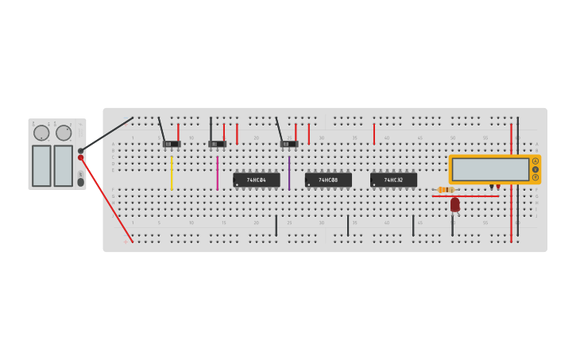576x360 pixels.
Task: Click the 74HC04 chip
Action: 256,180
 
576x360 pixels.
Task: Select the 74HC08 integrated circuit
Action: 328,180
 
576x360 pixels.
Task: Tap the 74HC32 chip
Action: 393,180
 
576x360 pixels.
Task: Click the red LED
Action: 454,204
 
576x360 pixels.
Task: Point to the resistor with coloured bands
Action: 446,189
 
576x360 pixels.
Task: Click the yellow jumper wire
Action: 172,172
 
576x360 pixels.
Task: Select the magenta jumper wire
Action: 217,172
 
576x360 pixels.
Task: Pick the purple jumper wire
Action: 289,172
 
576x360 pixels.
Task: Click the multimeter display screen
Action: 490,169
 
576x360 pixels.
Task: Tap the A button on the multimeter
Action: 535,161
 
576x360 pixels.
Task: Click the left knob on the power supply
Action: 41,133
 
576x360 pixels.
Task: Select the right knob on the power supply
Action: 64,133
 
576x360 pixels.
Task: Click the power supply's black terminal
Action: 81,151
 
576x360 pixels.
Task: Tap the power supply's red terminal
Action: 81,158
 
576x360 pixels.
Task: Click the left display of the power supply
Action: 41,165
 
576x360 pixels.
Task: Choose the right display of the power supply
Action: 63,165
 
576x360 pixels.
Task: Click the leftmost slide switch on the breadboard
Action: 172,144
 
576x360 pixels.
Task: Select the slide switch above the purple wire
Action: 289,144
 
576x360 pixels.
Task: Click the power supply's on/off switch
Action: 80,182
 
